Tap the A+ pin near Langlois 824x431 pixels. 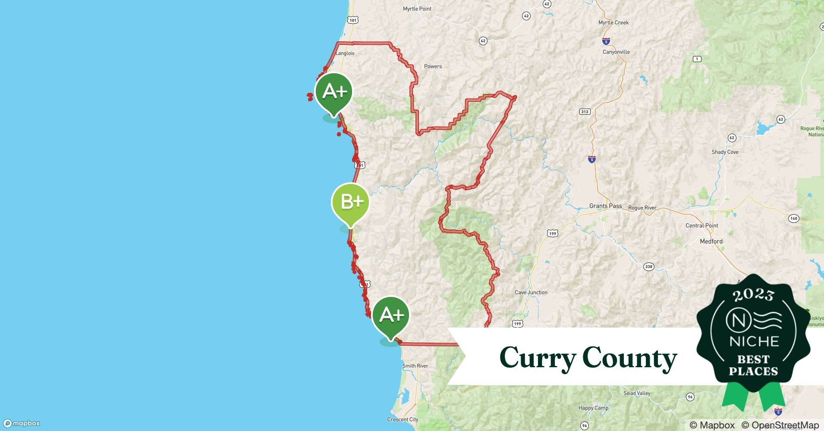coord(333,91)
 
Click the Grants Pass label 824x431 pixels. coord(605,206)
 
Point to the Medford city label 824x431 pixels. coord(711,241)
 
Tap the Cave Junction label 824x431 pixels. coord(531,292)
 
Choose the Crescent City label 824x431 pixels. coord(403,419)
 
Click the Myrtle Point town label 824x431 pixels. coord(417,9)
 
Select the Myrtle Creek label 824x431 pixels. coord(613,22)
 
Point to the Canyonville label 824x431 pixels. coord(616,52)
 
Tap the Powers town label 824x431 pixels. coord(433,66)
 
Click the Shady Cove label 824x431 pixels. coord(725,152)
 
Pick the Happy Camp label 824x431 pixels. coord(593,408)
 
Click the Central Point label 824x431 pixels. coord(701,225)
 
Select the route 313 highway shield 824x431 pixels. coord(585,112)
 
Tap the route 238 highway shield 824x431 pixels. coord(648,267)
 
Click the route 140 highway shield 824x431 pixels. coord(793,219)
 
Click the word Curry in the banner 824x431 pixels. coord(538,358)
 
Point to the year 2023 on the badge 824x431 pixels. coord(753,295)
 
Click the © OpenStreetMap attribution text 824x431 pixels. coord(780,425)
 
